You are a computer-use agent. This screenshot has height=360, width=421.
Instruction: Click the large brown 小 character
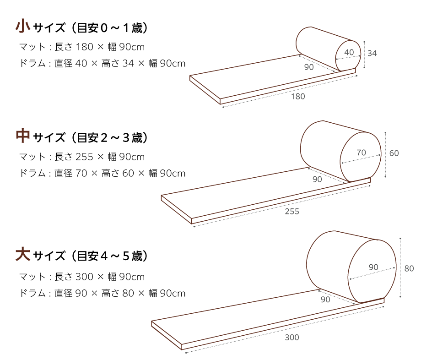click(x=23, y=26)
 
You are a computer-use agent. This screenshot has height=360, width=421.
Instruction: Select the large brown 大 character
click(x=23, y=254)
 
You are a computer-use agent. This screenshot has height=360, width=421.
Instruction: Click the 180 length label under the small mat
click(x=298, y=96)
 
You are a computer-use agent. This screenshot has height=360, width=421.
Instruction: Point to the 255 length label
click(x=292, y=211)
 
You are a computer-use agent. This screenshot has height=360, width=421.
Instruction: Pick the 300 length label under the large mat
click(x=292, y=338)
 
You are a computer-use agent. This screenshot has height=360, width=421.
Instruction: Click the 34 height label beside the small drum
click(x=372, y=54)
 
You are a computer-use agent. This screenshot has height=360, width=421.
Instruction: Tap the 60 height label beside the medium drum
click(x=394, y=153)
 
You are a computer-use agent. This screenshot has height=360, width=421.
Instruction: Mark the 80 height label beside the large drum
click(x=409, y=269)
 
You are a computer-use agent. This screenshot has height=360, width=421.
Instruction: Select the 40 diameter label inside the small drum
click(x=349, y=52)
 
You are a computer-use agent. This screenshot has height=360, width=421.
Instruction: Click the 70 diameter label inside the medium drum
click(x=361, y=153)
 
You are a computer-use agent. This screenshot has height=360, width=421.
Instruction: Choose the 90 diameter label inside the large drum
click(x=373, y=267)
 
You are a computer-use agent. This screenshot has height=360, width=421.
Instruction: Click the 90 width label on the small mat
click(x=309, y=67)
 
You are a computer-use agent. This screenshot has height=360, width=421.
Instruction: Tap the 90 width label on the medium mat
click(x=317, y=179)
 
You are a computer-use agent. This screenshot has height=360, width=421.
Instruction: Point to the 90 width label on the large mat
click(x=325, y=300)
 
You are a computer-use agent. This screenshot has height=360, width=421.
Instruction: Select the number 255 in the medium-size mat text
click(x=84, y=157)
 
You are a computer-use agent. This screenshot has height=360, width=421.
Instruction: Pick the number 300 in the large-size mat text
click(x=84, y=277)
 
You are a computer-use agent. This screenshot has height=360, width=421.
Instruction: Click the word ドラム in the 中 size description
click(x=32, y=173)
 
